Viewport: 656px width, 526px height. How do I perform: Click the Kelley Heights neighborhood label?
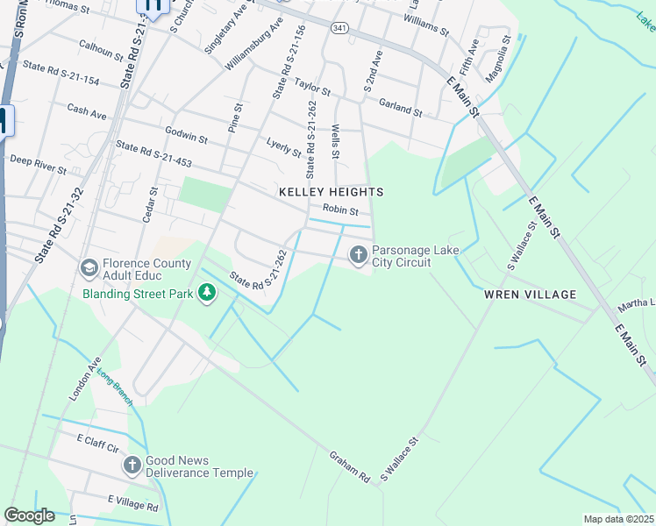coord(331,191)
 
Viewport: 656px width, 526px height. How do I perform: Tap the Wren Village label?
coord(531,295)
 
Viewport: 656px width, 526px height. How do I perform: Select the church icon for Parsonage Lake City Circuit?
coord(358,255)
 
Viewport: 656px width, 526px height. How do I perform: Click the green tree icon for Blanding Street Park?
coord(207,292)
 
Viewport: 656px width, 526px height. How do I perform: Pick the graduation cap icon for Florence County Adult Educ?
coord(89,267)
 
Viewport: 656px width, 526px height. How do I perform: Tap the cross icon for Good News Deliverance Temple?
coord(132,464)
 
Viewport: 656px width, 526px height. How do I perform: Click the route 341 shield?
coord(340,28)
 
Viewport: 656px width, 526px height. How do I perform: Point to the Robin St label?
coord(340,210)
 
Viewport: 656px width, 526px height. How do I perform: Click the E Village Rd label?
coord(133,502)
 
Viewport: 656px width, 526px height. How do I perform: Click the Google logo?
coord(29,515)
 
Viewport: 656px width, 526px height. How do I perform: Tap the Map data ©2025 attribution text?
coord(617,519)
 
